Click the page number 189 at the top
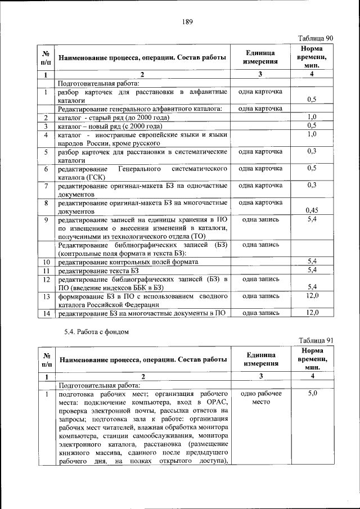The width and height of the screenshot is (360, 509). click(188, 22)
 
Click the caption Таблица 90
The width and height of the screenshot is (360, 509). click(317, 38)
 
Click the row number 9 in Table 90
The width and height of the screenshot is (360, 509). click(46, 219)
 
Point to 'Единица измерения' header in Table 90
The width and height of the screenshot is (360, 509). click(260, 57)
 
